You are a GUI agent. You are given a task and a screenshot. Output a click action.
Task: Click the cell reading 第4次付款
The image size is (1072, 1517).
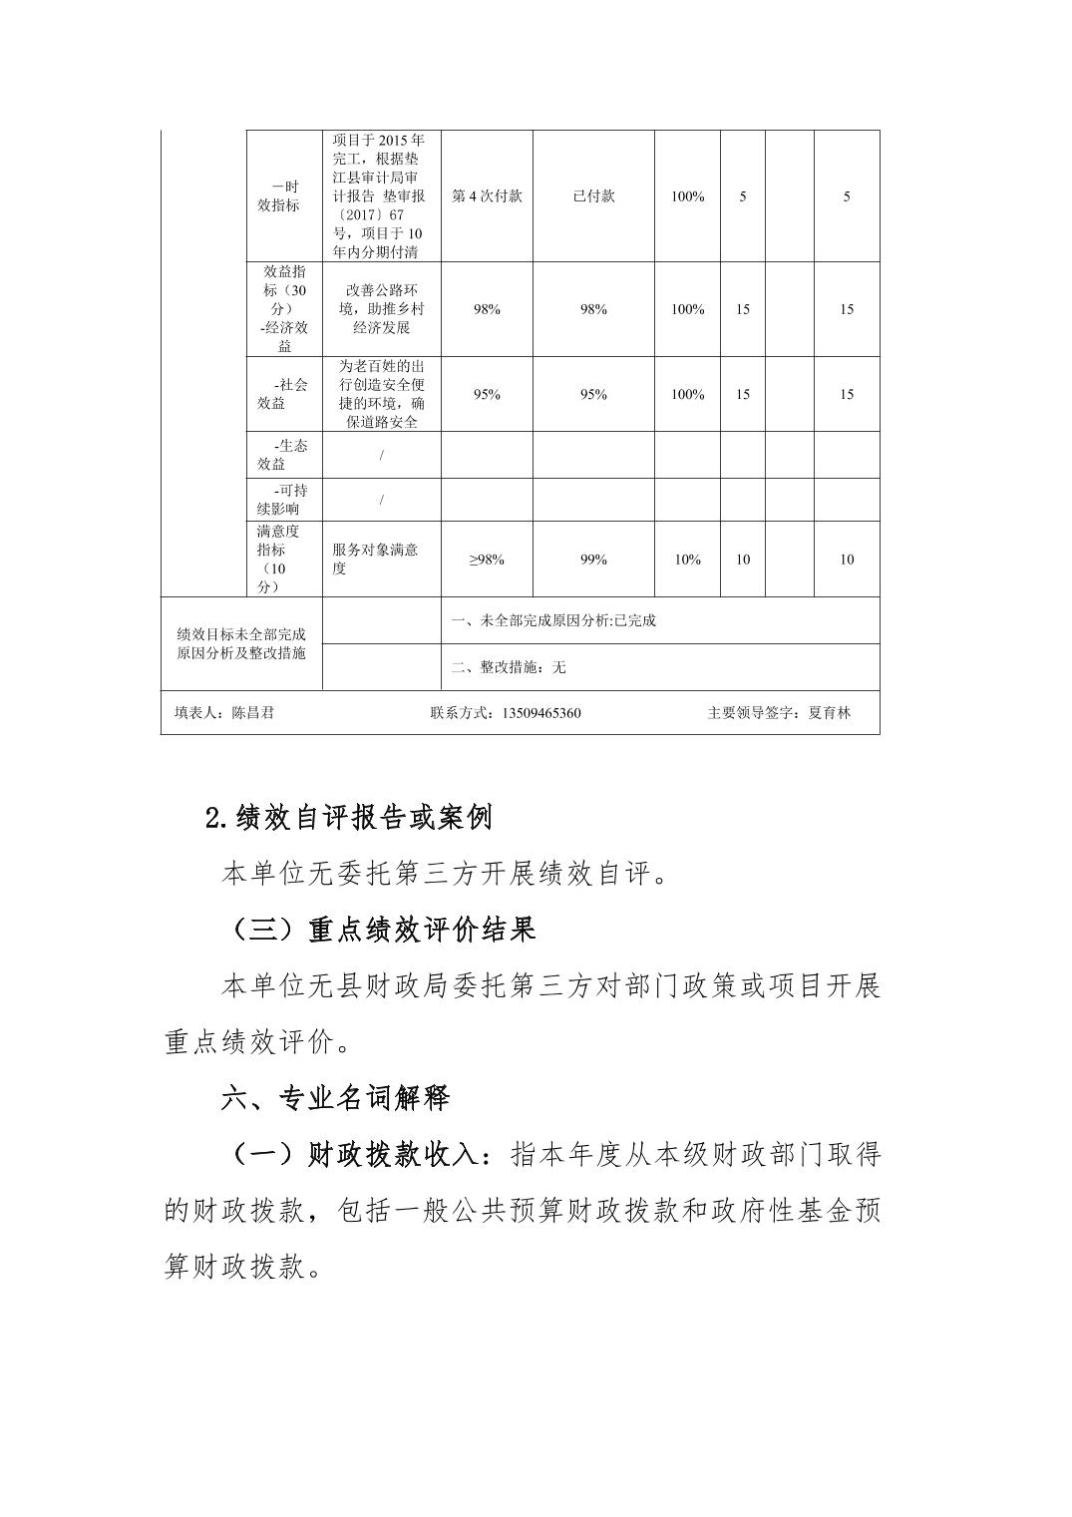pyautogui.click(x=487, y=196)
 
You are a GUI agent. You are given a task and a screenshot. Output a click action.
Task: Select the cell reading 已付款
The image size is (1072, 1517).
pyautogui.click(x=593, y=196)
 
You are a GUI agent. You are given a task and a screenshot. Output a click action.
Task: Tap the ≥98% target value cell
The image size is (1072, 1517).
pyautogui.click(x=487, y=560)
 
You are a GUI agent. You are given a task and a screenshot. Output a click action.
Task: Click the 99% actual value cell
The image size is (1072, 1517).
pyautogui.click(x=593, y=560)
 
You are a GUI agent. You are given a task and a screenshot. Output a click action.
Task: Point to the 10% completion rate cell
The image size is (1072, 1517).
pyautogui.click(x=687, y=560)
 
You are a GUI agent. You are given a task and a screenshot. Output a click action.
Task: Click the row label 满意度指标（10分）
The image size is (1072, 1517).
pyautogui.click(x=271, y=560)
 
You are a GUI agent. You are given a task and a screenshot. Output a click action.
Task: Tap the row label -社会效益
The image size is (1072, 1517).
pyautogui.click(x=284, y=394)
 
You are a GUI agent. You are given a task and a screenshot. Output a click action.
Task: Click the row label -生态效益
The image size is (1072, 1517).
pyautogui.click(x=284, y=455)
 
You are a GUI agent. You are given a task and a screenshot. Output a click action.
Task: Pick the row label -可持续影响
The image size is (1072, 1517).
pyautogui.click(x=284, y=500)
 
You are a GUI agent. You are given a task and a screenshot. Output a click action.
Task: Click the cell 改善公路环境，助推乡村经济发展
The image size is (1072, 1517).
pyautogui.click(x=381, y=309)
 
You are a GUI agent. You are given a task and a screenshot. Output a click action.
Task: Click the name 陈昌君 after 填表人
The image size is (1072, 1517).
pyautogui.click(x=252, y=713)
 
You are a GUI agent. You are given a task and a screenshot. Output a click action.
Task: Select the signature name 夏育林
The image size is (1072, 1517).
pyautogui.click(x=830, y=713)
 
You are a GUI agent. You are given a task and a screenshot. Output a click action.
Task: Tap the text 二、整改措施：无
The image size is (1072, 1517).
pyautogui.click(x=509, y=667)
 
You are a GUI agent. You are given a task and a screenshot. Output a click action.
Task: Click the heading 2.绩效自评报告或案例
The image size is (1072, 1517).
pyautogui.click(x=348, y=819)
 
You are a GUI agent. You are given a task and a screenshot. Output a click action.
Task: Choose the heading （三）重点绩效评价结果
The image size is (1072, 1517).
pyautogui.click(x=379, y=931)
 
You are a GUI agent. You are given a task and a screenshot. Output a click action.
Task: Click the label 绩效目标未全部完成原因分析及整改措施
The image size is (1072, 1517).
pyautogui.click(x=241, y=643)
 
